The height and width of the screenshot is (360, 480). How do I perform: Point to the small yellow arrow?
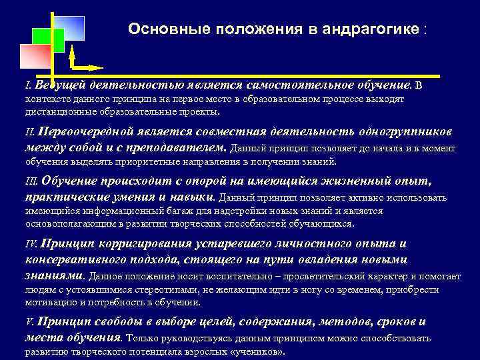tap(87, 67)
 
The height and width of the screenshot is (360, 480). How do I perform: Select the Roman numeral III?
tap(31, 181)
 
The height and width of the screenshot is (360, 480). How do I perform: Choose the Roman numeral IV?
tap(31, 244)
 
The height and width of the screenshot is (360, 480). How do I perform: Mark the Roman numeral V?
tap(29, 322)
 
